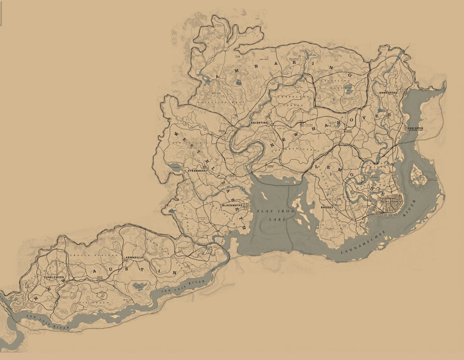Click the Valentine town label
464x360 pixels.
(258, 123)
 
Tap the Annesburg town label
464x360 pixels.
(388, 93)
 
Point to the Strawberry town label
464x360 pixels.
(198, 171)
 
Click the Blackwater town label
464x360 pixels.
(233, 205)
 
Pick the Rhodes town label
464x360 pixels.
(327, 207)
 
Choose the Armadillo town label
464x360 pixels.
(134, 258)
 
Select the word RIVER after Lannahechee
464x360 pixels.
(408, 208)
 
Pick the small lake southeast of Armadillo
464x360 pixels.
(138, 286)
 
